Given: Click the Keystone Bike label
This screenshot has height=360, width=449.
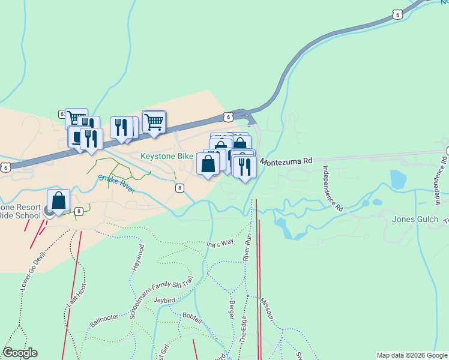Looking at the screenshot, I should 167,156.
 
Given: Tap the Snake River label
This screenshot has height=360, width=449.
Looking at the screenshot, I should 117,183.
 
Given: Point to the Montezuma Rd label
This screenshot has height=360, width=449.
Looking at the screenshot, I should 287,161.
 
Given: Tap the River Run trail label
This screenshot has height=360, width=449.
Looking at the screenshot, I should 246,246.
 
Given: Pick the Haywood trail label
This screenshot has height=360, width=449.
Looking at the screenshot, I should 139,256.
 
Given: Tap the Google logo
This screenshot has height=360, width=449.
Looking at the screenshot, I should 20,353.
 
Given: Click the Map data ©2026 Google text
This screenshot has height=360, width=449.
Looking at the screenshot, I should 412,355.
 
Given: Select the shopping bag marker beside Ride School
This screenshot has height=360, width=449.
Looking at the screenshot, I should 58,202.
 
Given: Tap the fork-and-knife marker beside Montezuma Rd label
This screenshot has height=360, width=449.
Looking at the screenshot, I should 244,166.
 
